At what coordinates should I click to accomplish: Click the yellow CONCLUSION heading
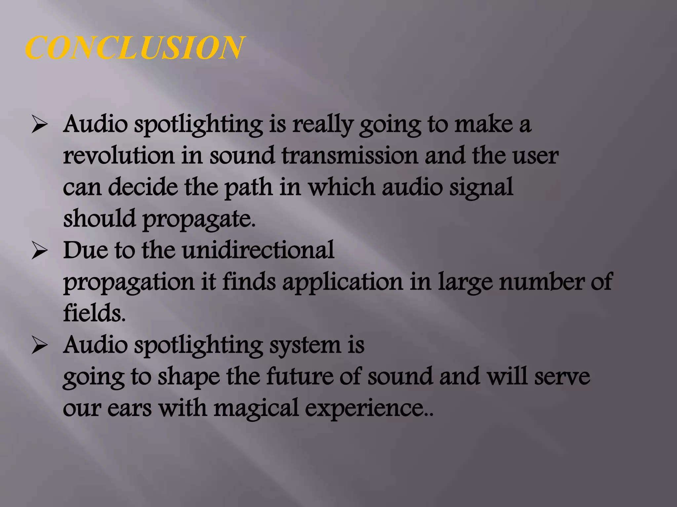point(135,48)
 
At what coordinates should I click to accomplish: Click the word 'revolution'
point(119,156)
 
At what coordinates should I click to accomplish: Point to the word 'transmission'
point(350,156)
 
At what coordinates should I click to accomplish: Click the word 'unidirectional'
point(258,250)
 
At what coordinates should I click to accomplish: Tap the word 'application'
point(342,283)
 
